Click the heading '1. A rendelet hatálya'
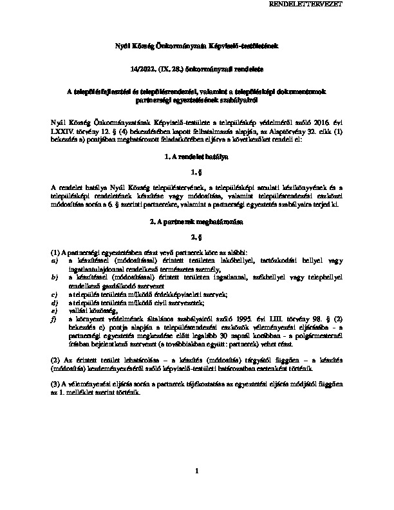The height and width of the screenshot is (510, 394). click(197, 156)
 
